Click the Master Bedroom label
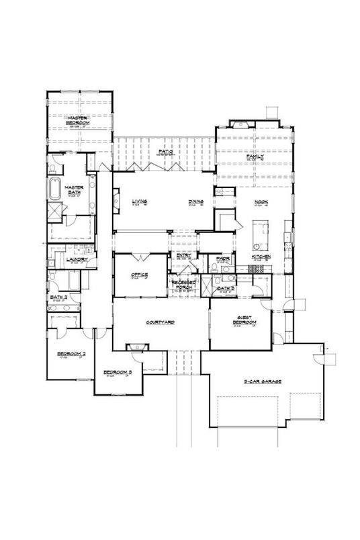[78, 119]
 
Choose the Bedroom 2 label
[69, 353]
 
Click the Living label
[139, 201]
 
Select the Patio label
[166, 152]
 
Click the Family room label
[255, 156]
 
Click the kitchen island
[259, 235]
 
